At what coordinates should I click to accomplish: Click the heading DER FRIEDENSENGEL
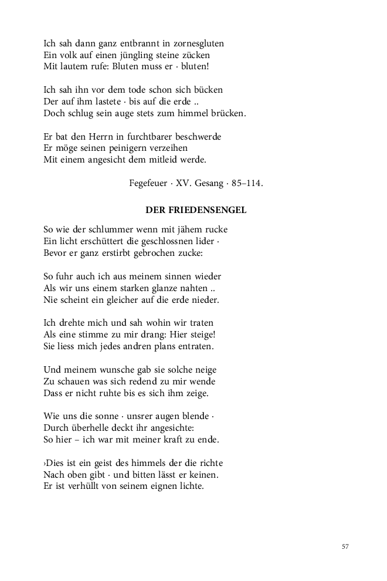pyautogui.click(x=196, y=210)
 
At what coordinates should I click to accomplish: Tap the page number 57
pyautogui.click(x=345, y=546)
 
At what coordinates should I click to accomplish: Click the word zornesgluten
pyautogui.click(x=198, y=43)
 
